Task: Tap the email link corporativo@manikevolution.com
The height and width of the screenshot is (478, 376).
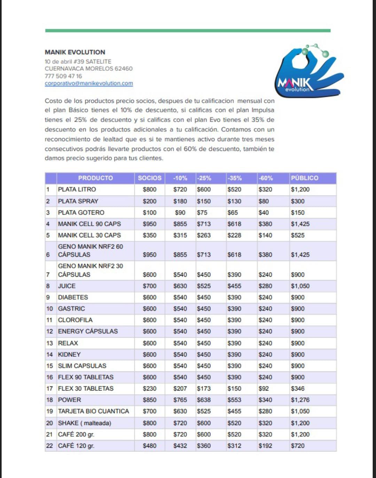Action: (89, 83)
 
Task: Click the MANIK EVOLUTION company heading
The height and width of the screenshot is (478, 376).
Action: (75, 52)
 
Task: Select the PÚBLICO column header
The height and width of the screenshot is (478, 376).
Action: (305, 178)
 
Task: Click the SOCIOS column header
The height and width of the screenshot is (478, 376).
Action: (149, 178)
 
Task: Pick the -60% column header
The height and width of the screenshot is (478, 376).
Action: (266, 178)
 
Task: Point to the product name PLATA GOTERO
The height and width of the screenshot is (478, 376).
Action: (81, 213)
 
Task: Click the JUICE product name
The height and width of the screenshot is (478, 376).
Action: (67, 286)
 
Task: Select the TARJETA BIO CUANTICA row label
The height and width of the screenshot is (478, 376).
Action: (93, 411)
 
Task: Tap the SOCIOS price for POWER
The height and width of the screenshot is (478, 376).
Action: (149, 400)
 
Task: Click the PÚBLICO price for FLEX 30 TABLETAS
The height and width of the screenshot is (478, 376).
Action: (298, 388)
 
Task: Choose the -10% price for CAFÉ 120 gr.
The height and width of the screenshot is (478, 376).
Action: (180, 446)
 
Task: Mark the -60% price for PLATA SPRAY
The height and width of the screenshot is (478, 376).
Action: (264, 201)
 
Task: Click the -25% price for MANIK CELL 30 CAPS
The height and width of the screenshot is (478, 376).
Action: (204, 235)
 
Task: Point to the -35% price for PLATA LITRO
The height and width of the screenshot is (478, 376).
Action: (234, 190)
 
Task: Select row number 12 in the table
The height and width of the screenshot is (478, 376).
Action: (49, 331)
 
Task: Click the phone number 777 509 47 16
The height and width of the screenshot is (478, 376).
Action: (63, 76)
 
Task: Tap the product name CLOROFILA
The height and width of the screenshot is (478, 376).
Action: (75, 320)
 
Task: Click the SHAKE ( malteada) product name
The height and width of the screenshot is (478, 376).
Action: (85, 423)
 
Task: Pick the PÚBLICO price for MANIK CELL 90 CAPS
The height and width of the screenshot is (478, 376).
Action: (300, 224)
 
